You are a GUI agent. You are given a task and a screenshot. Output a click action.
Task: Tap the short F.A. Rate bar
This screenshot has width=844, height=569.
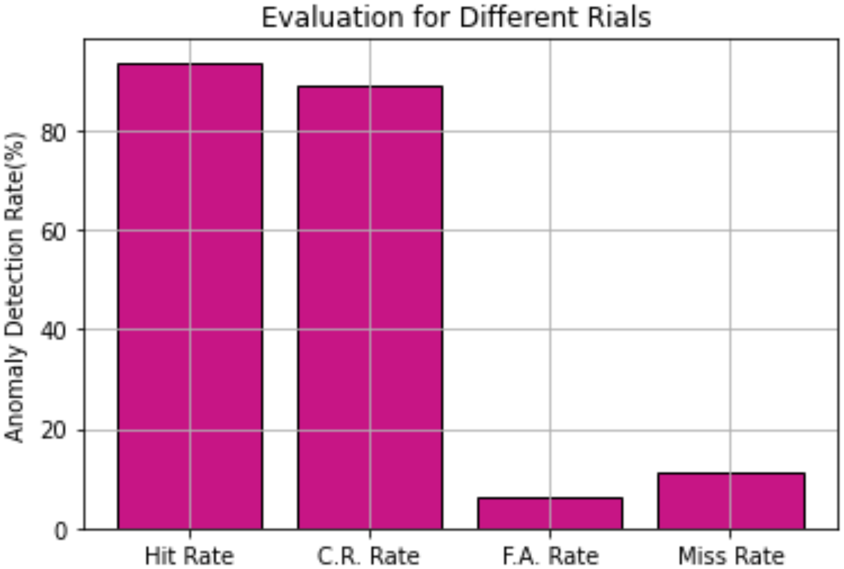pyautogui.click(x=550, y=513)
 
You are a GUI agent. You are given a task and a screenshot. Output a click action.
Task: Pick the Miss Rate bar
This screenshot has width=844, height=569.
pyautogui.click(x=731, y=501)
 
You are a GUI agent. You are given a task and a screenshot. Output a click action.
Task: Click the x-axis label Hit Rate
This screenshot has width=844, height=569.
pyautogui.click(x=189, y=556)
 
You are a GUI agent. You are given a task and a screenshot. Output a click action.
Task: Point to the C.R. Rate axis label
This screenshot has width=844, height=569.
pyautogui.click(x=369, y=556)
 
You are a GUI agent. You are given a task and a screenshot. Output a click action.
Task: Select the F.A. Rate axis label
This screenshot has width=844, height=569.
pyautogui.click(x=550, y=556)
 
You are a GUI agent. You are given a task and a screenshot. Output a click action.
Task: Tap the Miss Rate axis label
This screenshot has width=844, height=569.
pyautogui.click(x=731, y=556)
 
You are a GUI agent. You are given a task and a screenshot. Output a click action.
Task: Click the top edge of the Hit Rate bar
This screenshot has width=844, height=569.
pyautogui.click(x=190, y=64)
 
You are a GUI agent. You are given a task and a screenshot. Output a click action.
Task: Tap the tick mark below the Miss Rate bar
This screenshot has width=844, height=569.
pyautogui.click(x=731, y=534)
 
